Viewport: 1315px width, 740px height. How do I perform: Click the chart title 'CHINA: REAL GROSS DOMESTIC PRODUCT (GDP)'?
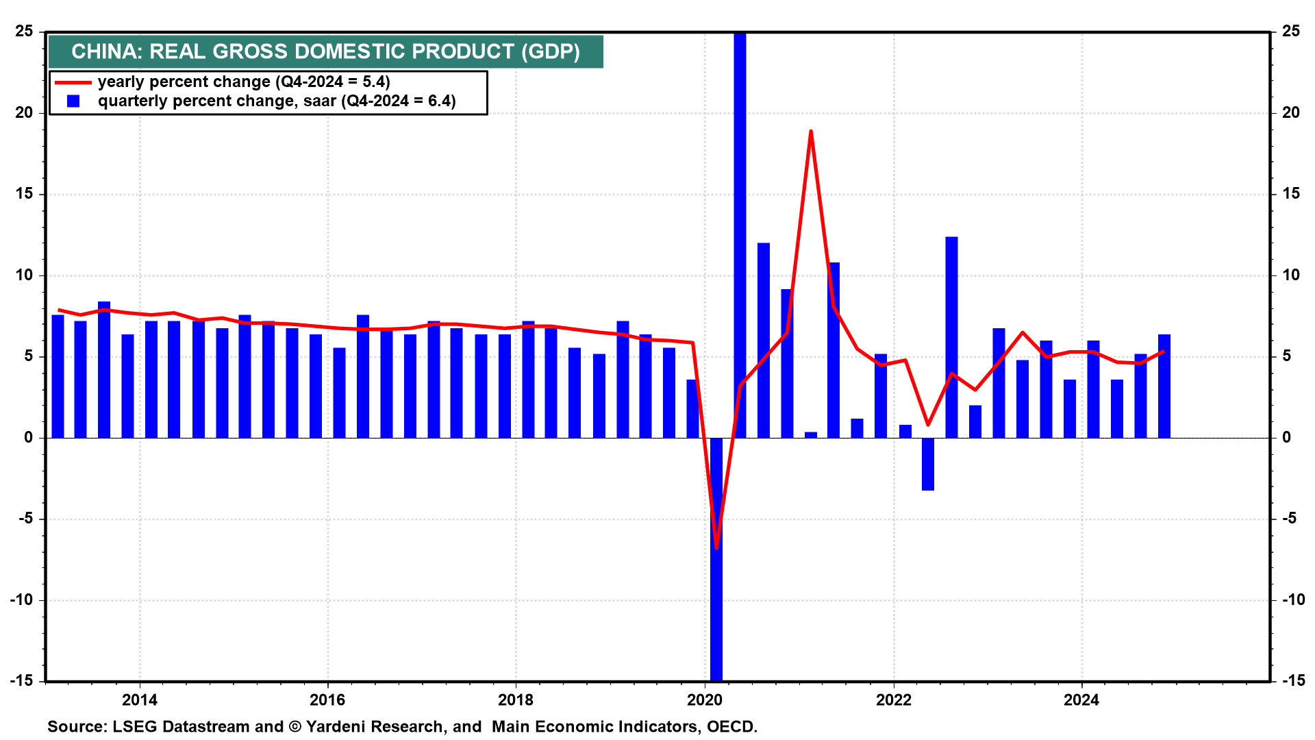[x=325, y=52]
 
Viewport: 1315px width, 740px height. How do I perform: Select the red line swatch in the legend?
[x=73, y=82]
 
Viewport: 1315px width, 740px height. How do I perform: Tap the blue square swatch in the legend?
[x=73, y=101]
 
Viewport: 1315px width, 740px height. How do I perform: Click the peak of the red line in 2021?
[x=810, y=132]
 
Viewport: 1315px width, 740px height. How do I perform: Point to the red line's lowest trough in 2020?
[x=716, y=547]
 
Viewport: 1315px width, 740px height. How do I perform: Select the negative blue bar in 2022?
[x=928, y=464]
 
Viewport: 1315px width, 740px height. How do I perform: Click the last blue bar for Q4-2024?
[x=1164, y=386]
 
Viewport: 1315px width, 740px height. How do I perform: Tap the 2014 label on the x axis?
[x=139, y=700]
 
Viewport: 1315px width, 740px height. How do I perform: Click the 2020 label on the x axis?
[x=705, y=700]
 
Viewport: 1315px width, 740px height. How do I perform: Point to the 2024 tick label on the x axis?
[x=1081, y=700]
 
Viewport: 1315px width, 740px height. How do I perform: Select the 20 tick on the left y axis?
[x=24, y=113]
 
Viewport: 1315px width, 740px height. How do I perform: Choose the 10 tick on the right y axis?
[x=1291, y=275]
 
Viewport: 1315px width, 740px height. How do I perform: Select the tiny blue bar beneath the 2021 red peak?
[x=811, y=435]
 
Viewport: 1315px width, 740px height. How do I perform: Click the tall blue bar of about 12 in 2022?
[x=951, y=337]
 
